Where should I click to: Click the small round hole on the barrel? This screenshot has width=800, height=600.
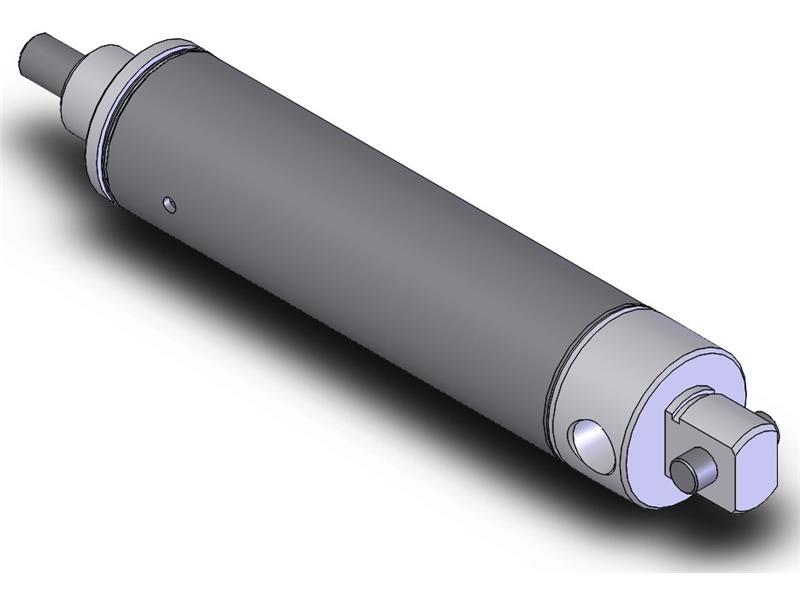171,206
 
